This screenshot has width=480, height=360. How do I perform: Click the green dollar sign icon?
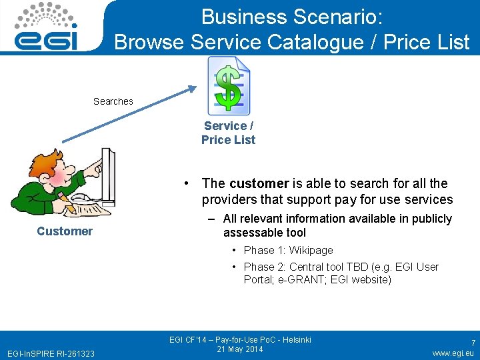[229, 87]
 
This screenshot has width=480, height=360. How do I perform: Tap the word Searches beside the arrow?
[113, 101]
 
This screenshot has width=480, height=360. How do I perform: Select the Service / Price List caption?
[229, 133]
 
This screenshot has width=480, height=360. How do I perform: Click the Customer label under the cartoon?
[65, 231]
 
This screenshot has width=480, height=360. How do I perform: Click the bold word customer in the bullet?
[259, 183]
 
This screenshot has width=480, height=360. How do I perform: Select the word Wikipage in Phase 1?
[311, 250]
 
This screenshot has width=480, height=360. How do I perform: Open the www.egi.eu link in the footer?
[453, 353]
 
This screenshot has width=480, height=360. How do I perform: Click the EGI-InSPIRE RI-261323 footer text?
[51, 353]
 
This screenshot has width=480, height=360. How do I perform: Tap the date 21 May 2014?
[240, 349]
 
